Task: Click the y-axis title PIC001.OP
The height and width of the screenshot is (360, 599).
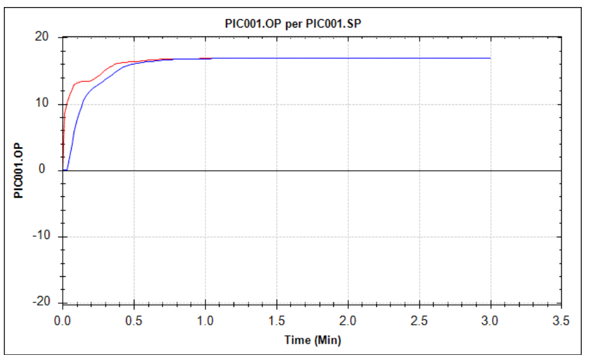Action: point(19,171)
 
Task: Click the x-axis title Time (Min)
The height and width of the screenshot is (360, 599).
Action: point(312,340)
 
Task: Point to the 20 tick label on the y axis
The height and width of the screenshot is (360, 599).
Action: point(43,37)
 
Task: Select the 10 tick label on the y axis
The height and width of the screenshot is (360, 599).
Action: point(43,104)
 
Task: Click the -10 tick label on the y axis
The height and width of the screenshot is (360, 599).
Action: point(41,237)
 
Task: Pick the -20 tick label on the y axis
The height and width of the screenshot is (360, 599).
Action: point(41,302)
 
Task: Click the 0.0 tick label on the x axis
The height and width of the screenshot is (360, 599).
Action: point(63,320)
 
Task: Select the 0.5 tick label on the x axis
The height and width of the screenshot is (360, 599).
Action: point(134,320)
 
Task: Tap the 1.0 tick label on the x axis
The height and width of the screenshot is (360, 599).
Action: point(205,320)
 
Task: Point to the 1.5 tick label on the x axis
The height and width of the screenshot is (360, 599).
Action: point(276,320)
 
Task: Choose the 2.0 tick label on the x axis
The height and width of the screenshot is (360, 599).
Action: point(347,320)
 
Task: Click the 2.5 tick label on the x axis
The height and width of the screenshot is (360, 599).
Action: point(419,320)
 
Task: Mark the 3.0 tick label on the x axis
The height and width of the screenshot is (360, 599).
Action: point(490,320)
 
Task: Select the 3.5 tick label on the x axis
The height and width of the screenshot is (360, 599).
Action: point(561,320)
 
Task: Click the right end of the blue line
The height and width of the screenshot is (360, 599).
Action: point(490,58)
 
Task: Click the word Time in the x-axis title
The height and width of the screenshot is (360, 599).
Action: point(296,340)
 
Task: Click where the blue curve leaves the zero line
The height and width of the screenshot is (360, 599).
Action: point(67,170)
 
